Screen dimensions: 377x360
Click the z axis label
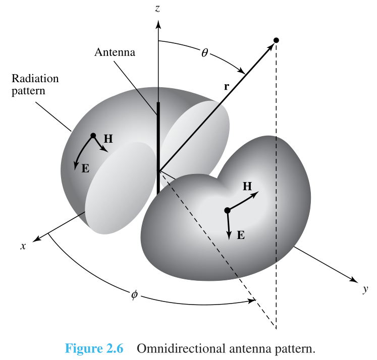tap(157, 9)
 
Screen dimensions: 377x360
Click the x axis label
tap(23, 246)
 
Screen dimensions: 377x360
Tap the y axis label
tap(365, 289)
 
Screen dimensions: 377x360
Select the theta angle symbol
tap(204, 52)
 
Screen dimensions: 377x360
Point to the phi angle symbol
tap(135, 294)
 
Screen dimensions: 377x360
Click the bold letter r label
tap(226, 86)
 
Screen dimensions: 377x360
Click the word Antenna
tap(115, 52)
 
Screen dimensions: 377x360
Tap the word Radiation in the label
tap(35, 78)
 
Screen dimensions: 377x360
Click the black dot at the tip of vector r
tap(276, 40)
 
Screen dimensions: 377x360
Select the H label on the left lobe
tap(108, 139)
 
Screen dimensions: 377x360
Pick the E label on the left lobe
tap(85, 168)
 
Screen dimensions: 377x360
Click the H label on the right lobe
tap(247, 186)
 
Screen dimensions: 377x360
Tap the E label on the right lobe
tap(241, 235)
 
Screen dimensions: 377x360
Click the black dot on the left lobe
tap(93, 136)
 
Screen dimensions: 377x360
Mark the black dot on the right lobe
tap(227, 210)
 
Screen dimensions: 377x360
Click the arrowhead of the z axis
tap(158, 24)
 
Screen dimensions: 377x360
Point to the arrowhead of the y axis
tap(354, 280)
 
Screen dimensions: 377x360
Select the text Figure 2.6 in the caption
tap(94, 348)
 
